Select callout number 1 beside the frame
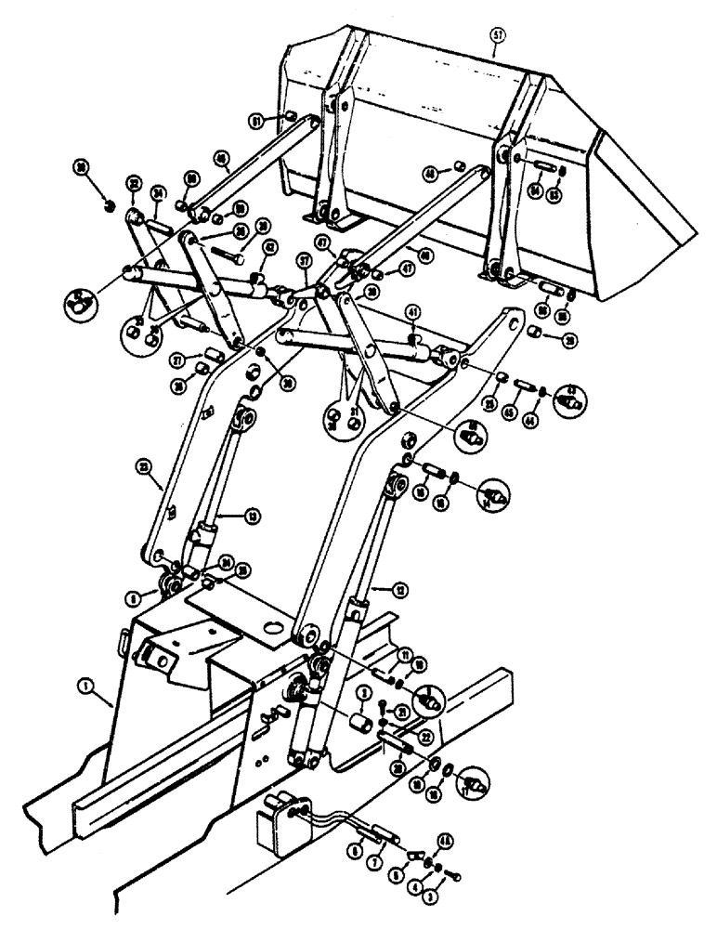[x=84, y=689]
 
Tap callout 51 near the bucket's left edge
[x=254, y=118]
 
